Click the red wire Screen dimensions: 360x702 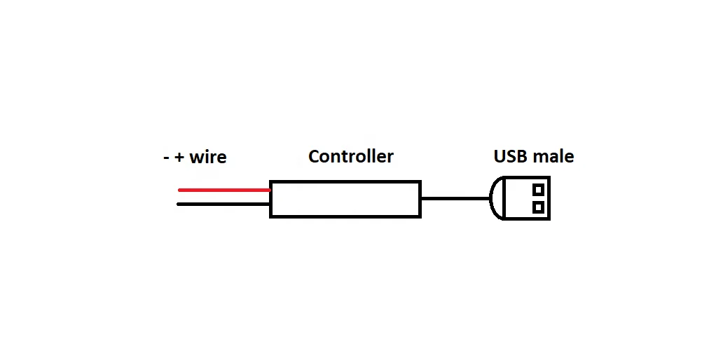[x=224, y=190]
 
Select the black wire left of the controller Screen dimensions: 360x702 [x=224, y=205]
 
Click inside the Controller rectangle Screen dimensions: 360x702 [x=345, y=199]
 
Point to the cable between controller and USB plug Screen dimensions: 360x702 [x=455, y=198]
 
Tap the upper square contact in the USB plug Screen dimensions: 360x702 [x=538, y=189]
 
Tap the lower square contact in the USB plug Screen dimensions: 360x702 [x=538, y=207]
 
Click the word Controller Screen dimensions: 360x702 [x=350, y=156]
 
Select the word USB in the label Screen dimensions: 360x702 [x=509, y=156]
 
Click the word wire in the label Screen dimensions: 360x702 [x=208, y=157]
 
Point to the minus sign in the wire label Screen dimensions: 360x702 [x=166, y=158]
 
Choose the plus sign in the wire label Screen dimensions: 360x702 [x=179, y=158]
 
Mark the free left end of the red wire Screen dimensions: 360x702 [x=180, y=190]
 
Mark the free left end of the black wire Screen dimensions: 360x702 [x=180, y=205]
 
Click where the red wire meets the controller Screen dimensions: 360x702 [x=270, y=190]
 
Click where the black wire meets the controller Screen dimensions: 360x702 [x=270, y=205]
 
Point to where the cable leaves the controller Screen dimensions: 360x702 [x=421, y=198]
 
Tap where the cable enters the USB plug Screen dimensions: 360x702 [x=490, y=198]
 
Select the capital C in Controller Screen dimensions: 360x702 [x=315, y=156]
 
